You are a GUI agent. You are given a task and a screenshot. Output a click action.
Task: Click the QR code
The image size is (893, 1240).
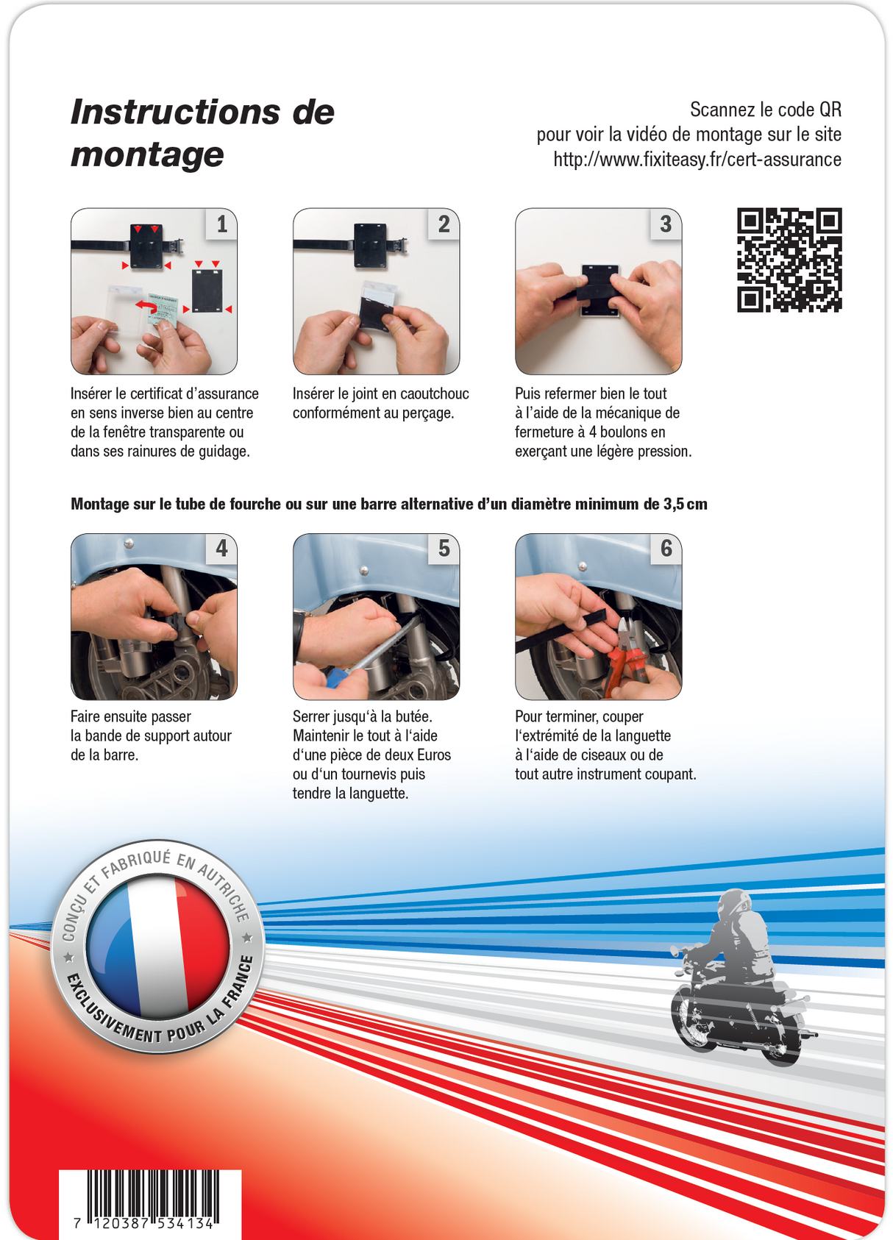point(789,260)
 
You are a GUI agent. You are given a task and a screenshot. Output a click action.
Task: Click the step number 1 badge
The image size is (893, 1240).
point(221,224)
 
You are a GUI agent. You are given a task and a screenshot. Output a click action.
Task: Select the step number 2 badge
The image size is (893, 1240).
point(444,224)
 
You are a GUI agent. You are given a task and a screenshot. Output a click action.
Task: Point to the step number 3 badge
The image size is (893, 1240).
point(666,224)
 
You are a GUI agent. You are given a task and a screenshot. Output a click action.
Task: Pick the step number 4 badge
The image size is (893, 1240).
point(221,549)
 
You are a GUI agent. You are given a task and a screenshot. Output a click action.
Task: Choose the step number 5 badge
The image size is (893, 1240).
point(444,549)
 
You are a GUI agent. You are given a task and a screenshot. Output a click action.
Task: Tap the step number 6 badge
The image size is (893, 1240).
point(666,549)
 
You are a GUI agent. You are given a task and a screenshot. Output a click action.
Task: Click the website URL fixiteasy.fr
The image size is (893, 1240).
point(697,160)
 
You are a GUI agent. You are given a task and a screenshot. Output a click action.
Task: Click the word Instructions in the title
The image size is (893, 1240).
point(177,112)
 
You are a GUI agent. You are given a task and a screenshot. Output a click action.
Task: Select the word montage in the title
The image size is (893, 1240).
point(147,156)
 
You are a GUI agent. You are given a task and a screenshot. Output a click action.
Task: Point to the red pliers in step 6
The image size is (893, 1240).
point(625,659)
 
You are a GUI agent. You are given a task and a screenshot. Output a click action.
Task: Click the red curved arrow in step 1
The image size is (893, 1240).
point(146,304)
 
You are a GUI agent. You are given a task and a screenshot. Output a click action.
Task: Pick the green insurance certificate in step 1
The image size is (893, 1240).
point(163,311)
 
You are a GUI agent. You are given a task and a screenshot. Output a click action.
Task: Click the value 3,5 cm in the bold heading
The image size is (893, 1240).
point(686,504)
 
